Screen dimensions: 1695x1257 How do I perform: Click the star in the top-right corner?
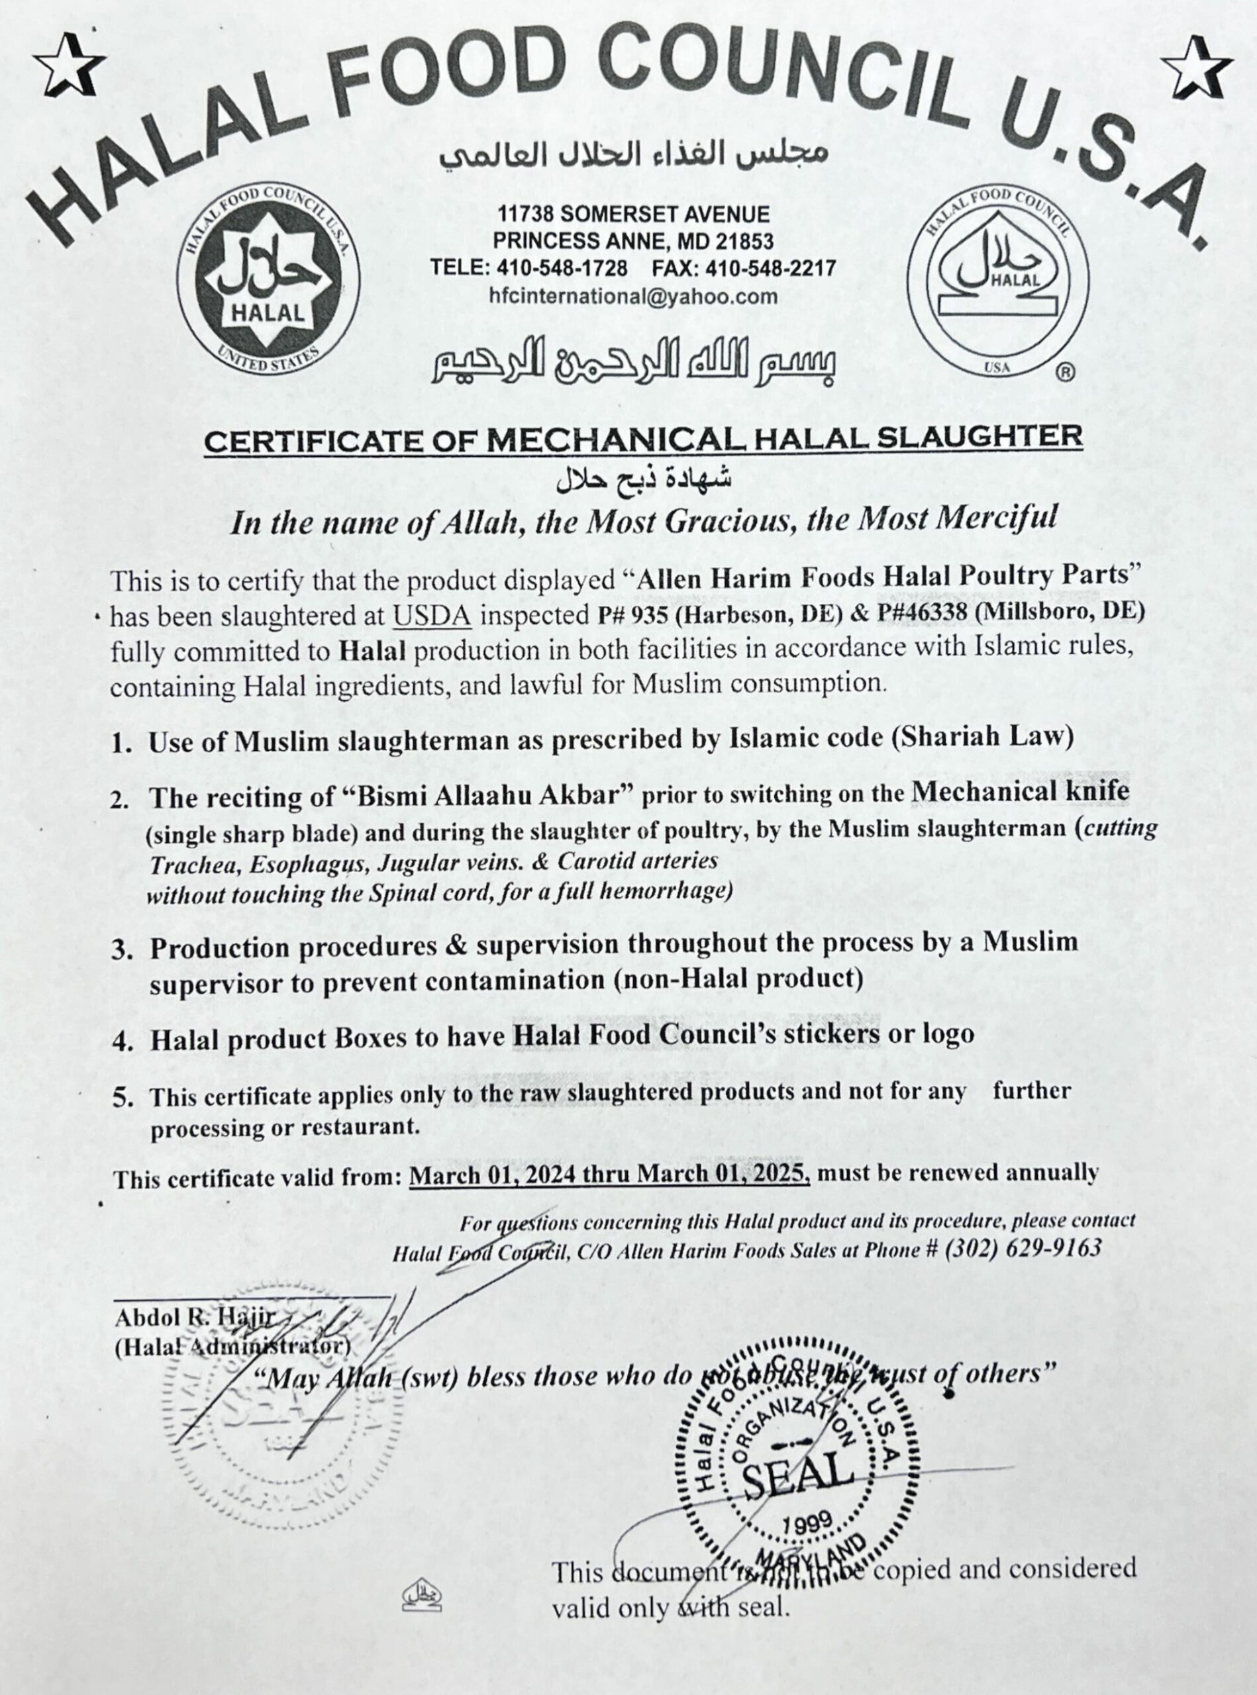pyautogui.click(x=1199, y=66)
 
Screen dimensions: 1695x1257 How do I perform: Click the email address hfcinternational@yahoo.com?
pyautogui.click(x=633, y=296)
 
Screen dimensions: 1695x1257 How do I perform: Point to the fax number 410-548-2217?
pyautogui.click(x=770, y=269)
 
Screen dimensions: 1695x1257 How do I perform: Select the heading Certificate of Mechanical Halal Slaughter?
pyautogui.click(x=643, y=439)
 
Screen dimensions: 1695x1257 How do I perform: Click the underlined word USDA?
pyautogui.click(x=431, y=616)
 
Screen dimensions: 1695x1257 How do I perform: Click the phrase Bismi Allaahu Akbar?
pyautogui.click(x=489, y=797)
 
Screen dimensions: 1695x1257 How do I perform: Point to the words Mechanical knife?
pyautogui.click(x=1021, y=792)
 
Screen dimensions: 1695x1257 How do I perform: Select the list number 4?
pyautogui.click(x=123, y=1040)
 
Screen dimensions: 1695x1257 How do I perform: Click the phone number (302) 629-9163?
pyautogui.click(x=1023, y=1249)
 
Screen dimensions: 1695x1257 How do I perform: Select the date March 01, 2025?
pyautogui.click(x=723, y=1174)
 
